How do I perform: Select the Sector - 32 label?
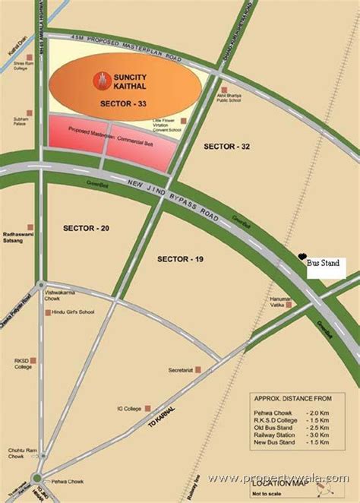[226, 144]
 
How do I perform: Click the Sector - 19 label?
[181, 259]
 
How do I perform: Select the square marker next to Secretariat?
[199, 370]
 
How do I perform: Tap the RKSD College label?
[24, 364]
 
